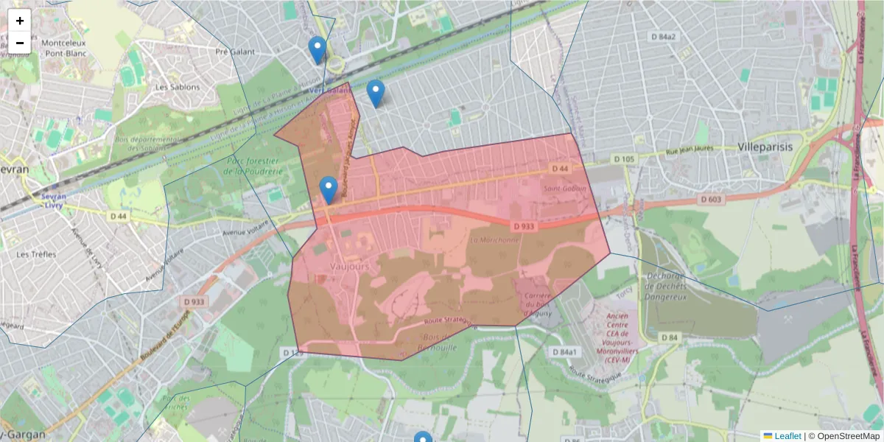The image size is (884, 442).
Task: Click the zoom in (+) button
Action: (x=20, y=21)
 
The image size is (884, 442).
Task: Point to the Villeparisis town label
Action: (x=765, y=147)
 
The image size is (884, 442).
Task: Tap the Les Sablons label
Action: (x=177, y=87)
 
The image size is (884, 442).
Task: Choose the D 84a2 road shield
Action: (x=662, y=36)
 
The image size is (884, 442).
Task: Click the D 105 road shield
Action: (x=623, y=159)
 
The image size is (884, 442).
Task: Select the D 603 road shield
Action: (x=710, y=199)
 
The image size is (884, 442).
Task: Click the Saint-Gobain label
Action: (x=564, y=189)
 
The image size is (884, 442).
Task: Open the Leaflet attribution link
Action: (x=787, y=436)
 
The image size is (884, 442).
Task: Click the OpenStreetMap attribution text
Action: (x=843, y=436)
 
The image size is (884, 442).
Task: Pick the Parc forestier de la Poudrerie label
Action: (x=251, y=166)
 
